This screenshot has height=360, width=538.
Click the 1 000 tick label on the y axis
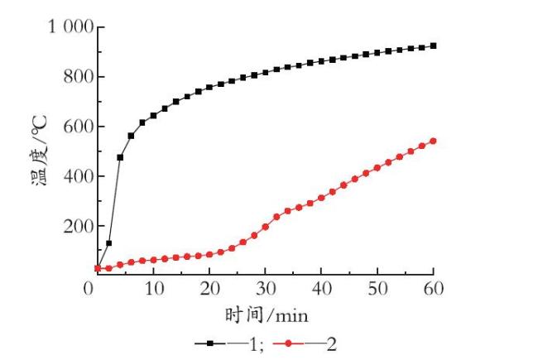(x=71, y=26)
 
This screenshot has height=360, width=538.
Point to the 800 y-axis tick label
(x=79, y=76)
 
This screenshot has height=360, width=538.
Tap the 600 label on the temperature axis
(x=79, y=126)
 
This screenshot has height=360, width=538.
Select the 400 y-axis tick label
(x=79, y=175)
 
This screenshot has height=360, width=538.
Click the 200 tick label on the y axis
(x=79, y=225)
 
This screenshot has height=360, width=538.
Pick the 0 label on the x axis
(x=89, y=288)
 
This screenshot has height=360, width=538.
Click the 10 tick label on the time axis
(x=154, y=288)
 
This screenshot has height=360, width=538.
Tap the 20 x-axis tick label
(x=209, y=288)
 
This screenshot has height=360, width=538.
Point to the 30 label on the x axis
(x=266, y=288)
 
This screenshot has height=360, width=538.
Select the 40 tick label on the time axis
(x=321, y=288)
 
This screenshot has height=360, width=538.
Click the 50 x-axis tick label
(x=377, y=288)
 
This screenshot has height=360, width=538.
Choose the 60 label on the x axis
(x=434, y=288)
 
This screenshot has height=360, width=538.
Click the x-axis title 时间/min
(x=267, y=314)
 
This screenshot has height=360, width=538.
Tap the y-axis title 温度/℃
(x=39, y=151)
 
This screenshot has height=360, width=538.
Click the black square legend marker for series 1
(x=210, y=343)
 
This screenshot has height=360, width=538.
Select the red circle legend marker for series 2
(x=288, y=343)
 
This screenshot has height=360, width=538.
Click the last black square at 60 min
(x=434, y=46)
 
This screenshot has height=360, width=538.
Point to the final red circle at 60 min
(x=434, y=141)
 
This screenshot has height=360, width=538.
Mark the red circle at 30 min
(x=265, y=227)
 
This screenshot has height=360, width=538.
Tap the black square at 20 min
(x=209, y=87)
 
